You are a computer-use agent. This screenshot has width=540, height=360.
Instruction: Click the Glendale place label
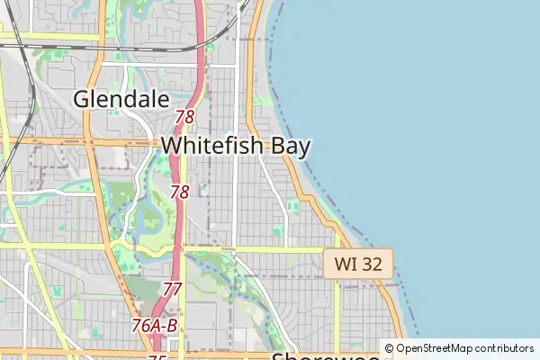[x=121, y=99]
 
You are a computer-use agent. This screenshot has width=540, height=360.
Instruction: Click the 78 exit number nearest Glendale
[x=185, y=117]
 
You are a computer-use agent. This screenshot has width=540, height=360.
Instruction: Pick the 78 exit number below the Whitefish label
[x=180, y=192]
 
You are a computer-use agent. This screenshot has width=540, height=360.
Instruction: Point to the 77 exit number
[x=173, y=289]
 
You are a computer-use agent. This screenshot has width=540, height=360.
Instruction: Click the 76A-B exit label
[x=154, y=325]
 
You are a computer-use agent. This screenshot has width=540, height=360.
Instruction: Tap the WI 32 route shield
[x=358, y=264]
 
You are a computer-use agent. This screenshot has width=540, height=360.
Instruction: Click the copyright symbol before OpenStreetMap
[x=389, y=348]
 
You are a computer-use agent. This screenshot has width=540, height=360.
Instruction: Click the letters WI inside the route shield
[x=345, y=264]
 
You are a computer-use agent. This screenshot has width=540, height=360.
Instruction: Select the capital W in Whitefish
[x=172, y=145]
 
